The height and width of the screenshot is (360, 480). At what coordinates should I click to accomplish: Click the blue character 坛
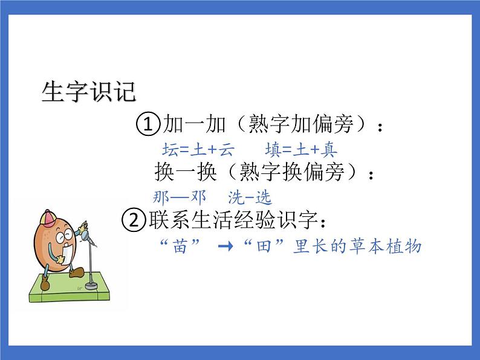pyautogui.click(x=170, y=149)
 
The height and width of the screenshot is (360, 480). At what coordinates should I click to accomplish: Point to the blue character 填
pyautogui.click(x=272, y=149)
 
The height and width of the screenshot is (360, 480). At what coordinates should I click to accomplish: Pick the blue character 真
pyautogui.click(x=329, y=149)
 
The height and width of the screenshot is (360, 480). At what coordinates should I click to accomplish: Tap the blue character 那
pyautogui.click(x=163, y=197)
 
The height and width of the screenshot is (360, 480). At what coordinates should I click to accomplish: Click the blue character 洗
pyautogui.click(x=236, y=197)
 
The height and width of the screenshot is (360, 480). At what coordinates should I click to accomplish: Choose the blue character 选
pyautogui.click(x=264, y=197)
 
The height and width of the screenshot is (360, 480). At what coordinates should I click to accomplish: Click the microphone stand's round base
pyautogui.click(x=91, y=284)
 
